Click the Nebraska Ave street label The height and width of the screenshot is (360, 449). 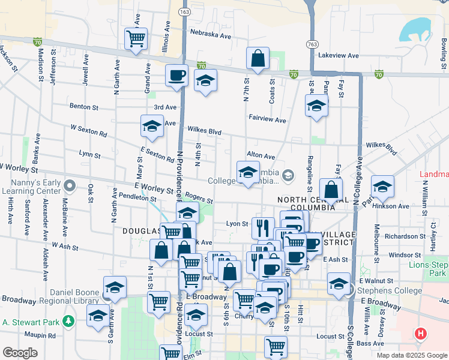click(x=210, y=35)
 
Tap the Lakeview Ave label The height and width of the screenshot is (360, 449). click(x=338, y=55)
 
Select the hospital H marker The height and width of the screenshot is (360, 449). click(x=421, y=333)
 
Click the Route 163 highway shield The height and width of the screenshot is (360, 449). click(x=184, y=11)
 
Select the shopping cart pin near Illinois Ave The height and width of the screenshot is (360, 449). click(x=136, y=38)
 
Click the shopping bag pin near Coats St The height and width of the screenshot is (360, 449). click(x=258, y=58)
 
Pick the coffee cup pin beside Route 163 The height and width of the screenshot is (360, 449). click(x=176, y=75)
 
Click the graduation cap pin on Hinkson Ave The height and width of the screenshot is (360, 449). click(x=382, y=186)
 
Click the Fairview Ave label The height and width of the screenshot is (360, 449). click(x=267, y=119)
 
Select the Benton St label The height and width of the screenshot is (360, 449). click(x=84, y=107)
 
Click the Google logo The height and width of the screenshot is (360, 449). click(x=20, y=352)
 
